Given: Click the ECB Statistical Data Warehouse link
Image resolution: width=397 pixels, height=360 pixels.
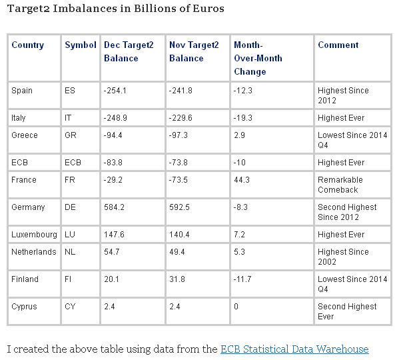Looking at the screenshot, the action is point(294,349).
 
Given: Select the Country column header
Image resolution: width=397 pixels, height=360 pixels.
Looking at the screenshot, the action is point(27,45).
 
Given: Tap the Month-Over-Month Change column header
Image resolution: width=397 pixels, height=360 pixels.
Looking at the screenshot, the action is point(258,58).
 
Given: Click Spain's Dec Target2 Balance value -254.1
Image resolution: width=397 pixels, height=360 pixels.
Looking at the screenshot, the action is point(115,91).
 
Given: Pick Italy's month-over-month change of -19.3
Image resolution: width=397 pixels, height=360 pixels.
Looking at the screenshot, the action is point(243,118).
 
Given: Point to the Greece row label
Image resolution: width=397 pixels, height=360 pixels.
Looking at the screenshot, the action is point(24,135).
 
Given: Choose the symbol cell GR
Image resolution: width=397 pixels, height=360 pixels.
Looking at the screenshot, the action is point(71,135).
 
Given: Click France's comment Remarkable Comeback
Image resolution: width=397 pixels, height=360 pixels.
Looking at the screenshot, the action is point(340,185).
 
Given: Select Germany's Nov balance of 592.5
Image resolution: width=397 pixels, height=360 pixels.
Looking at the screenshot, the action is point(179,207).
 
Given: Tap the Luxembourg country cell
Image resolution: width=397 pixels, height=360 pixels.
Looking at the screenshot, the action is point(34,235).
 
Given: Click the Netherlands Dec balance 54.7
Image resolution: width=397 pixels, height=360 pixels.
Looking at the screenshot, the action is point(112,252).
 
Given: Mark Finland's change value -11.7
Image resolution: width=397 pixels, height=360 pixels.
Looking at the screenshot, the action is point(242,279).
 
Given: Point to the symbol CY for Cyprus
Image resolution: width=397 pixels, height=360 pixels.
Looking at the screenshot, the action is point(70,307).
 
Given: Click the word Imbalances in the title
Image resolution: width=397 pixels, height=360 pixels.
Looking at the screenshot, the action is point(85,9).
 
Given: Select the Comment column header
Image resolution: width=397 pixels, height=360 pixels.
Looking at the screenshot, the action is point(338,45).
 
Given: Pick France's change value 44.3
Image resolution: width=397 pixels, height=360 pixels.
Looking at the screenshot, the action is point(242,180).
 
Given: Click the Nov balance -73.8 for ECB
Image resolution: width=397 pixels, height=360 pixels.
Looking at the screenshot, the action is point(179,163).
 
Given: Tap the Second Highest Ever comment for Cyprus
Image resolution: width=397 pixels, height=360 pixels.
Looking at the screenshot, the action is point(347,311).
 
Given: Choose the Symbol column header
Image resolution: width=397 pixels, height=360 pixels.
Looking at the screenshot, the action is point(81,45).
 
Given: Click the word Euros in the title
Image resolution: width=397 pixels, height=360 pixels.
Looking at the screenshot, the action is point(208,9).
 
